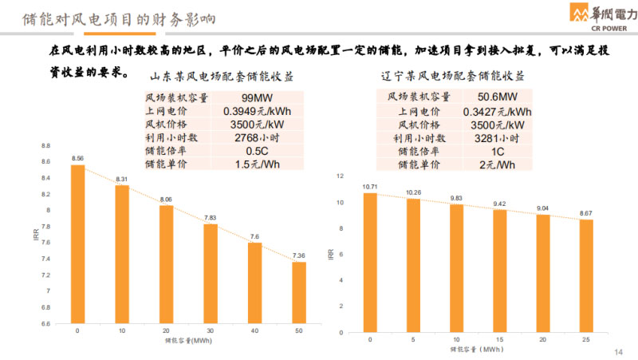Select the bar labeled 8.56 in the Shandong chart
pos(77,244)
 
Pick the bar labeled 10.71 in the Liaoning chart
pos(370,262)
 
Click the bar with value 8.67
pos(586,275)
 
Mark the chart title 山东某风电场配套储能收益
pos(222,77)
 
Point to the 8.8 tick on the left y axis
pos(45,146)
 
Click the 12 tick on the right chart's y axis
pos(341,176)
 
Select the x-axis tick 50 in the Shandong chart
pos(298,330)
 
